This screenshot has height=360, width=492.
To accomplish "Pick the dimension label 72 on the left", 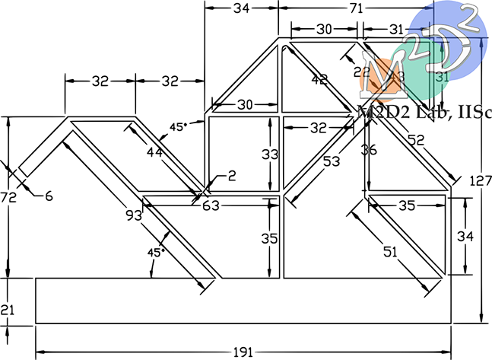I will pyautogui.click(x=8, y=197).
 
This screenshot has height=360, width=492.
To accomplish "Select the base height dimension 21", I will pyautogui.click(x=8, y=309).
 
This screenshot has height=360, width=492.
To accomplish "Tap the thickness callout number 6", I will pyautogui.click(x=48, y=196).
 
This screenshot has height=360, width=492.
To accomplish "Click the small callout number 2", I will pyautogui.click(x=232, y=176).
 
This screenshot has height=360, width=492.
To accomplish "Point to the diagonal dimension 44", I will pyautogui.click(x=154, y=152).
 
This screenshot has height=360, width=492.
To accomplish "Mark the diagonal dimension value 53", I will pyautogui.click(x=331, y=162).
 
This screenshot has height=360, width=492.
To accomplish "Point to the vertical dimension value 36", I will pyautogui.click(x=369, y=150).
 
